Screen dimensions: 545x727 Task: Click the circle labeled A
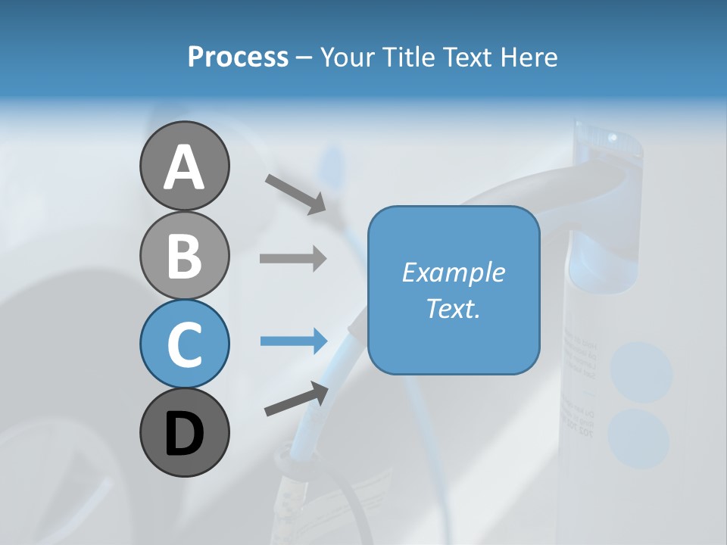pyautogui.click(x=184, y=166)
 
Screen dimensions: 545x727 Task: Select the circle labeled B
pyautogui.click(x=184, y=255)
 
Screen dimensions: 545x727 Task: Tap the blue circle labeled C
pyautogui.click(x=184, y=344)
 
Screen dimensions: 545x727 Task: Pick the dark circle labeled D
pyautogui.click(x=184, y=432)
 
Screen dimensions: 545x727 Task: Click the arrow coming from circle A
pyautogui.click(x=295, y=193)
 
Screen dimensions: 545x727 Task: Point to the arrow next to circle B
pyautogui.click(x=293, y=259)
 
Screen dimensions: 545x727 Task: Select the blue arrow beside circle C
pyautogui.click(x=293, y=341)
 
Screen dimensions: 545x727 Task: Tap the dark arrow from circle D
pyautogui.click(x=296, y=400)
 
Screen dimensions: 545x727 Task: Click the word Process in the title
pyautogui.click(x=238, y=58)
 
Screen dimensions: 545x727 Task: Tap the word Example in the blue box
pyautogui.click(x=453, y=272)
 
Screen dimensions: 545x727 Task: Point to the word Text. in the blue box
pyautogui.click(x=453, y=308)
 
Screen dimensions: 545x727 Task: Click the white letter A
pyautogui.click(x=184, y=167)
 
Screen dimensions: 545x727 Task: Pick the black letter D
pyautogui.click(x=184, y=434)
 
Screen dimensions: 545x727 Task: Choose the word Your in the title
pyautogui.click(x=348, y=58)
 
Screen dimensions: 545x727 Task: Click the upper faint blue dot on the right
pyautogui.click(x=641, y=372)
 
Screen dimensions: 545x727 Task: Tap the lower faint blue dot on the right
pyautogui.click(x=638, y=439)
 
